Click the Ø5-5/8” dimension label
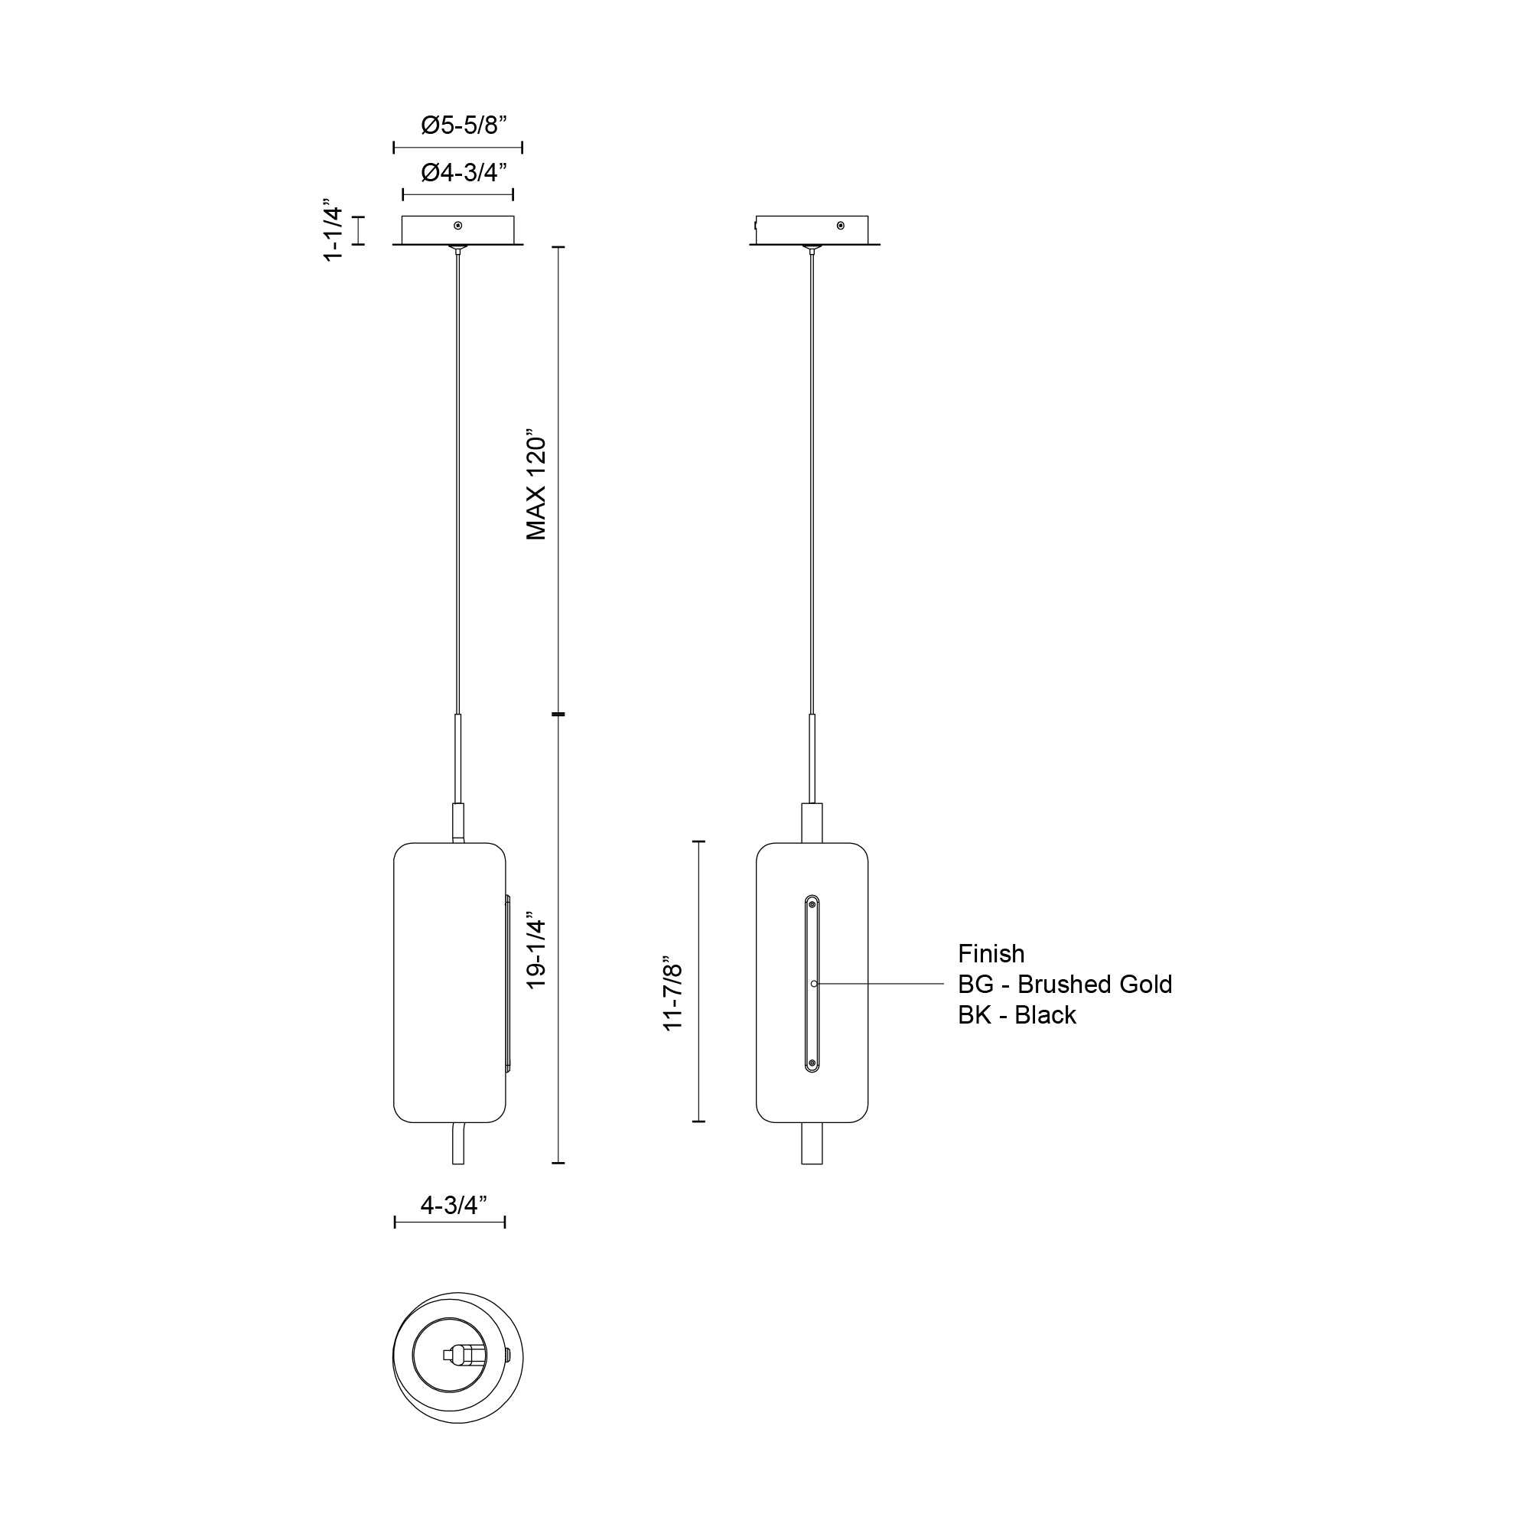pyautogui.click(x=464, y=125)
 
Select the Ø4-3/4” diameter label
pyautogui.click(x=464, y=172)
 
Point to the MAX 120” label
pyautogui.click(x=537, y=487)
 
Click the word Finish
pyautogui.click(x=991, y=953)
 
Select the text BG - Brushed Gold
pyautogui.click(x=1064, y=985)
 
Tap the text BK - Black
pyautogui.click(x=1017, y=1015)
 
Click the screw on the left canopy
pyautogui.click(x=457, y=226)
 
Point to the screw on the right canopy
pyautogui.click(x=841, y=226)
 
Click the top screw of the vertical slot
pyautogui.click(x=812, y=904)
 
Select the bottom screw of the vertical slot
pyautogui.click(x=812, y=1063)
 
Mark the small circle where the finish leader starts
pyautogui.click(x=814, y=984)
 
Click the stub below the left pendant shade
pyautogui.click(x=457, y=1143)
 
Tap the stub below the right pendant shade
pyautogui.click(x=812, y=1143)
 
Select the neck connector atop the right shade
pyautogui.click(x=812, y=824)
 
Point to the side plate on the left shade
pyautogui.click(x=508, y=984)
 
